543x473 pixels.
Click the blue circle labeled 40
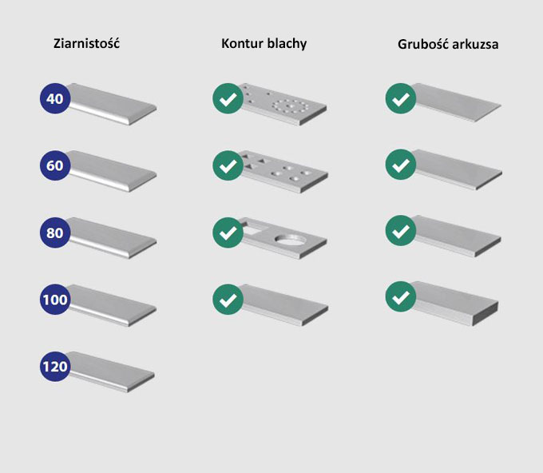[x=55, y=98]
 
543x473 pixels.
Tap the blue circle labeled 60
[x=55, y=165]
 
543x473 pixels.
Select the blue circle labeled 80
[x=55, y=233]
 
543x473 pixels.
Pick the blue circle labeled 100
[x=55, y=300]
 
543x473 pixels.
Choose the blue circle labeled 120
[x=55, y=366]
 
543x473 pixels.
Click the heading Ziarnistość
[x=86, y=43]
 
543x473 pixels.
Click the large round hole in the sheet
[x=290, y=239]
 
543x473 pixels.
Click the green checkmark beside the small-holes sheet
[x=228, y=98]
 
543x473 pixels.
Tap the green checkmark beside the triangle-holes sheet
[x=228, y=165]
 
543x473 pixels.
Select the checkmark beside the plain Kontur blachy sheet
[x=228, y=300]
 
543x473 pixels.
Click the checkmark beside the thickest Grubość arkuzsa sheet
[x=401, y=296]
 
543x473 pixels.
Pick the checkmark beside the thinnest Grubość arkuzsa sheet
[x=401, y=98]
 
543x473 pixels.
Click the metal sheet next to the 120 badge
[x=111, y=372]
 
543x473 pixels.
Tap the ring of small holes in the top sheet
[x=290, y=106]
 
